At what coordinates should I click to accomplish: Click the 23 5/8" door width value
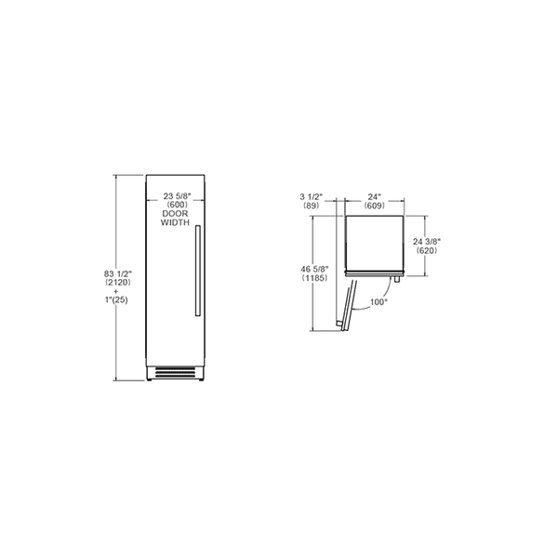coord(177,196)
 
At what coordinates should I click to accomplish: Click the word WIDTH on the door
coord(177,224)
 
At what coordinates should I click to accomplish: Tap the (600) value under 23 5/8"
coord(177,206)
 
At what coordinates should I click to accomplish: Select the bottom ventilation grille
coord(178,374)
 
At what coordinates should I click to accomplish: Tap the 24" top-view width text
coord(375,196)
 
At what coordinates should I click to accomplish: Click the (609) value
coord(375,206)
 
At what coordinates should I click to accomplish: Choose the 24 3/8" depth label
coord(426,241)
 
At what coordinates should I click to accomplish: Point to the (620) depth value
coord(426,251)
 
